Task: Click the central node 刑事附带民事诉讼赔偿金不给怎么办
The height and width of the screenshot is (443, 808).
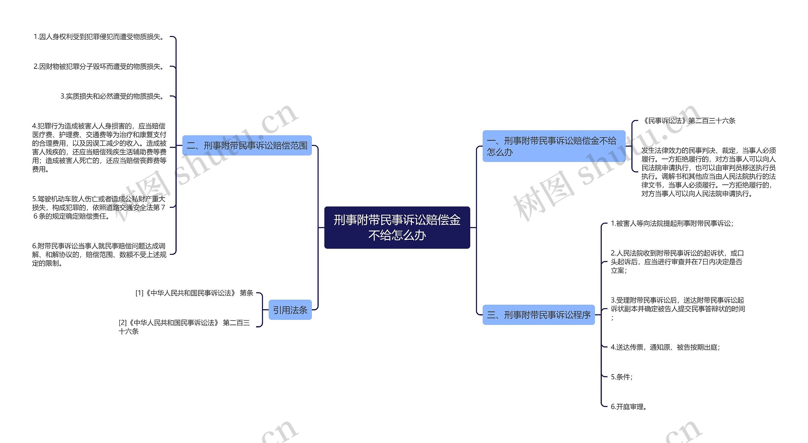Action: (397, 227)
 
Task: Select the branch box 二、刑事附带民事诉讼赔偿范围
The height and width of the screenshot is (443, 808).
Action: (247, 146)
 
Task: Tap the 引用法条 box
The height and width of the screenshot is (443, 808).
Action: (290, 310)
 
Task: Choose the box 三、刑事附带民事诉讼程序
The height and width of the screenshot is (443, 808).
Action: (538, 315)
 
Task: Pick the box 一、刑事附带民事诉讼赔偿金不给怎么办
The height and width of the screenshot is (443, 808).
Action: (554, 146)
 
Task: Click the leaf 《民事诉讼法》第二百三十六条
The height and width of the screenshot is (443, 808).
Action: (689, 121)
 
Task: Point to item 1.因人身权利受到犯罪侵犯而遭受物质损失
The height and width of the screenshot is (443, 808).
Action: (99, 37)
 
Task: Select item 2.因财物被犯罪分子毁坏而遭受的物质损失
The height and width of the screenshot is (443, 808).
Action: (99, 67)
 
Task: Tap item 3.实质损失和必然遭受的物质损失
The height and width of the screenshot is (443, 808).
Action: (113, 96)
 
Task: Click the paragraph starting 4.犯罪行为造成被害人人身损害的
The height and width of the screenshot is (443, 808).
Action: (99, 147)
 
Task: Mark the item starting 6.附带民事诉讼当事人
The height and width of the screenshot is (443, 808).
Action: (99, 254)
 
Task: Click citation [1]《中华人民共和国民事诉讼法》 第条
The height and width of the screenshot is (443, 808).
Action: (194, 293)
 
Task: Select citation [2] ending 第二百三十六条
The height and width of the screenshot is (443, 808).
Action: (184, 327)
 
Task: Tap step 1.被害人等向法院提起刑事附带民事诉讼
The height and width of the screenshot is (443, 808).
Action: (672, 224)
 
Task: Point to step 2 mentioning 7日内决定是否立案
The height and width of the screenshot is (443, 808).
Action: (677, 262)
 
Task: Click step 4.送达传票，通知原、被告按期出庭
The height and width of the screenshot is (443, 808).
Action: (665, 347)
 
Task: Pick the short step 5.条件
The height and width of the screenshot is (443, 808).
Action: (621, 377)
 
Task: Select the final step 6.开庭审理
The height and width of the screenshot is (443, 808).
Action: (628, 407)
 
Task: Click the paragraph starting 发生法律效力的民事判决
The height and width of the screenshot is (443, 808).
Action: (708, 172)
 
